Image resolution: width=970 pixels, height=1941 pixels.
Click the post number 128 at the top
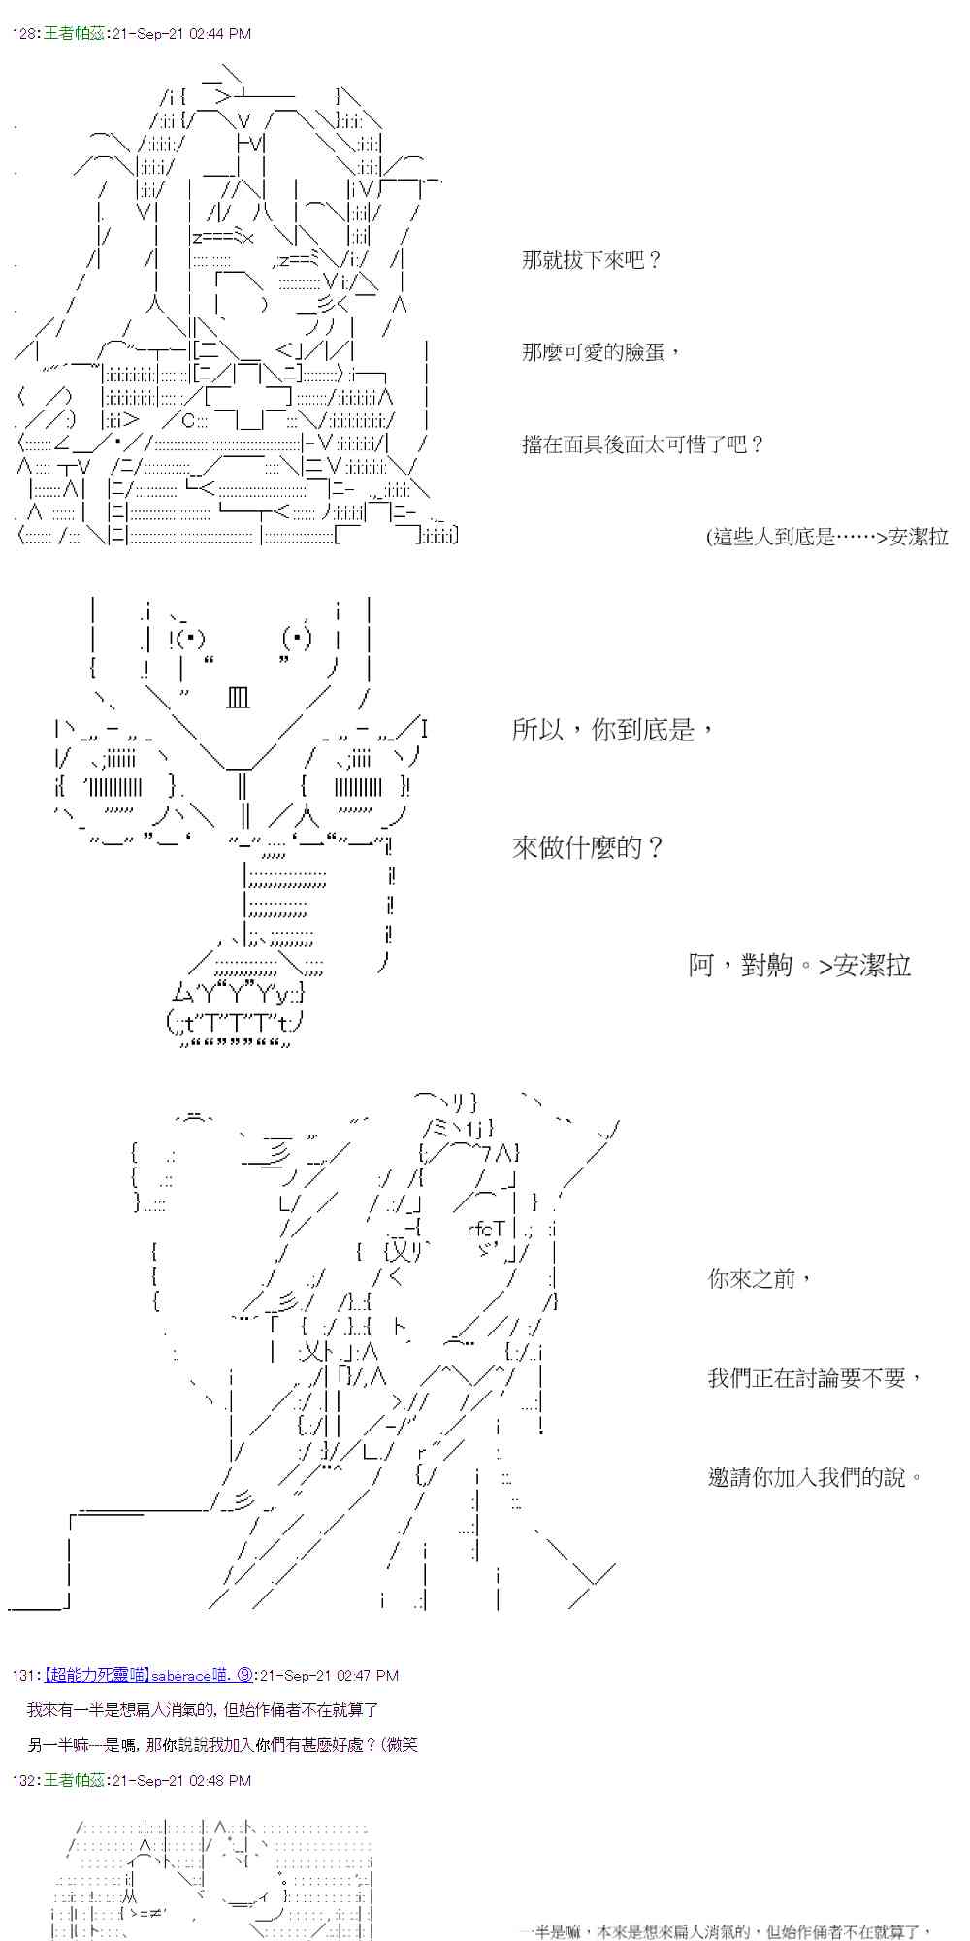point(25,33)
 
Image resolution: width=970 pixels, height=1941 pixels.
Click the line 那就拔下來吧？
point(591,260)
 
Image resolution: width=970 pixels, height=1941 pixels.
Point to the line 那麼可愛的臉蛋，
point(601,351)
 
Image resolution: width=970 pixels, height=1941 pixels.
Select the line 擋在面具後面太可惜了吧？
point(643,444)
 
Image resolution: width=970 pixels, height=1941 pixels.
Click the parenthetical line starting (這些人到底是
point(826,537)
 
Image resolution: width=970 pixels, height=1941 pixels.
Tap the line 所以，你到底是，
point(613,729)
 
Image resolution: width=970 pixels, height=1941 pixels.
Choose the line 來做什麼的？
point(588,847)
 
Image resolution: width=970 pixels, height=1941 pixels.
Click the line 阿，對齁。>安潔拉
point(799,965)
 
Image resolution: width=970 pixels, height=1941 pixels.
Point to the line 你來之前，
point(760,1278)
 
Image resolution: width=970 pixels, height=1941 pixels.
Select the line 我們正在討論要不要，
point(815,1377)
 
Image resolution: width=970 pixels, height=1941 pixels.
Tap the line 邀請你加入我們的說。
point(815,1477)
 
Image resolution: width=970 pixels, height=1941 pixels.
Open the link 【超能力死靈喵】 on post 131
point(95,1675)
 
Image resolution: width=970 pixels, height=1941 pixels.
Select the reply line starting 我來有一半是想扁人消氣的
point(202,1710)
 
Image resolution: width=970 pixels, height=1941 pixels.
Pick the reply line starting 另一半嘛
point(222,1745)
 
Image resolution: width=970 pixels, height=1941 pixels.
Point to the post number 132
point(25,1780)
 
